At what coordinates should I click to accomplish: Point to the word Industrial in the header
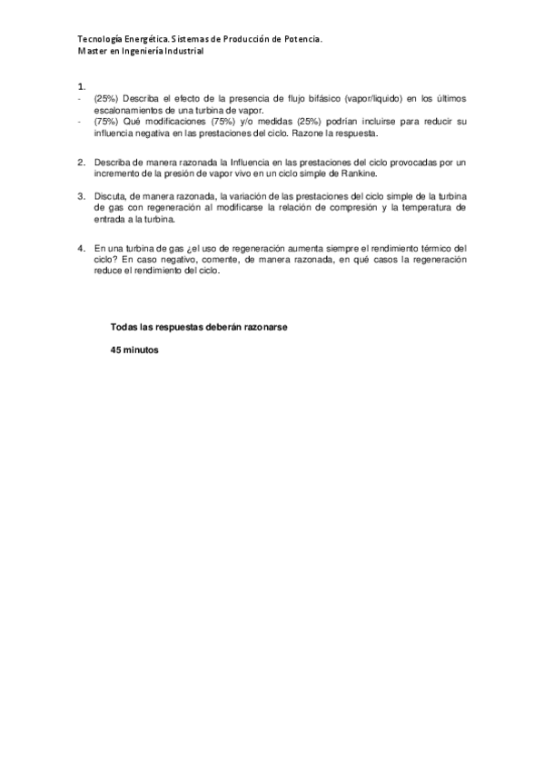click(179, 52)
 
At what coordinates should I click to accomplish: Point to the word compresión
click(348, 207)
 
